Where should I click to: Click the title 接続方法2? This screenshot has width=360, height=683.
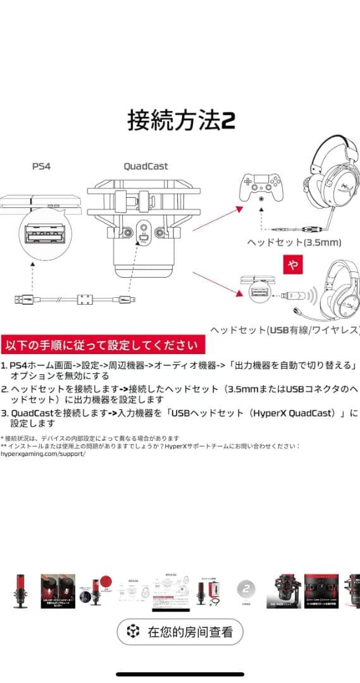[181, 120]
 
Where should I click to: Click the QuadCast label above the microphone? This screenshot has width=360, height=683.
[146, 166]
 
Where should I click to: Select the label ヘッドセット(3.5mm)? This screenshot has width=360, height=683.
[294, 242]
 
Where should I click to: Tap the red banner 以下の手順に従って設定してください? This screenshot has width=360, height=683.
[102, 345]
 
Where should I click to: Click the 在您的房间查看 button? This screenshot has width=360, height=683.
[180, 631]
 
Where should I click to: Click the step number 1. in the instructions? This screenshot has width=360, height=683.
[4, 366]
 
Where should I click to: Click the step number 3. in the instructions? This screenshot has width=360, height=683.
[4, 413]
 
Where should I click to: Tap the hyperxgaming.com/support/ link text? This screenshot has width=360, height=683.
[43, 454]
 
